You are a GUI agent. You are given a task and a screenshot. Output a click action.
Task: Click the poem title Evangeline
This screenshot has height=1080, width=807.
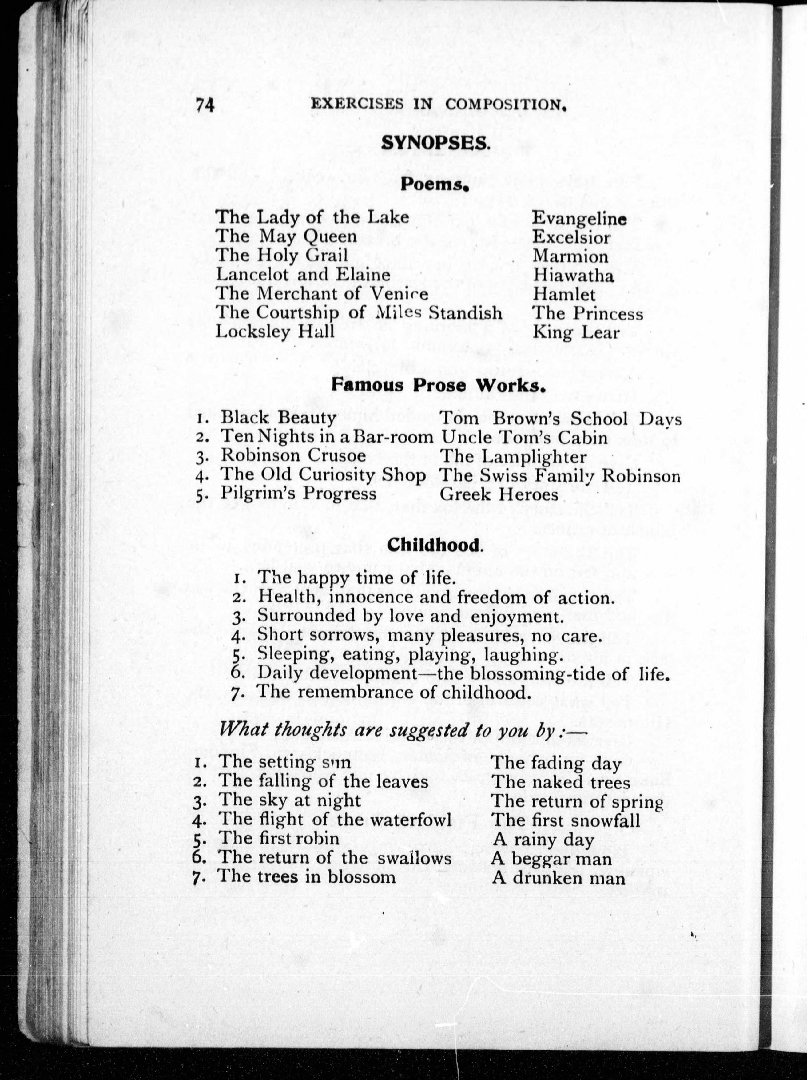click(579, 218)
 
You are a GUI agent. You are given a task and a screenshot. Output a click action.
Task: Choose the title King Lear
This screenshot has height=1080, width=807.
click(576, 333)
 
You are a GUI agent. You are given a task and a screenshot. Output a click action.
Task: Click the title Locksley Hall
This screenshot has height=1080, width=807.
click(275, 332)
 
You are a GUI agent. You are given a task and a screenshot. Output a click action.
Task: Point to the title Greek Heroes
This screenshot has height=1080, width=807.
click(499, 494)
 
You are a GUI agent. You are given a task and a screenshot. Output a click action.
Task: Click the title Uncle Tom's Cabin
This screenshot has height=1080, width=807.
click(524, 437)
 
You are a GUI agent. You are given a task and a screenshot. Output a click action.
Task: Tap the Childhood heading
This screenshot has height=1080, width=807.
click(435, 545)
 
